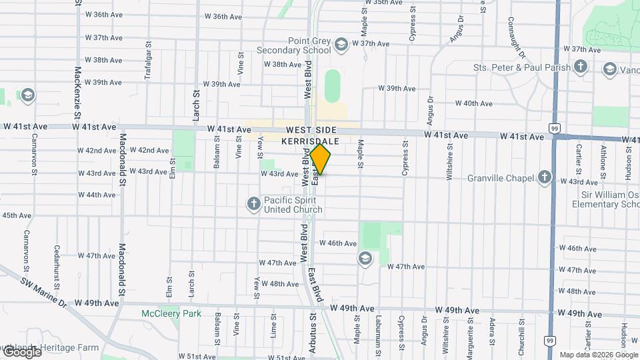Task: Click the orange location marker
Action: (321, 159)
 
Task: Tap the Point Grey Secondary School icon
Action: (341, 45)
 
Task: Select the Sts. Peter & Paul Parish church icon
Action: (581, 67)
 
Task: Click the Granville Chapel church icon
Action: (545, 177)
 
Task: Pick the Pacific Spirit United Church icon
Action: (253, 203)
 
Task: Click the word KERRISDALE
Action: (311, 141)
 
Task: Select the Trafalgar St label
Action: (148, 61)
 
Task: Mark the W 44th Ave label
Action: (97, 195)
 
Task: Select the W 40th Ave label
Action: (473, 103)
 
